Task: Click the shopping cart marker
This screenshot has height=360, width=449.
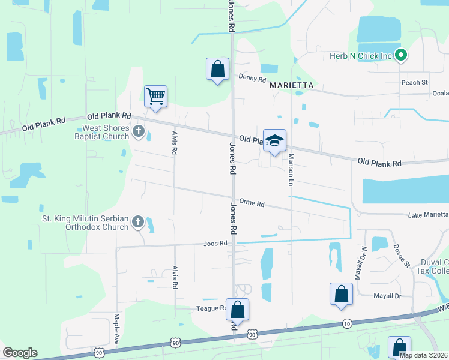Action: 155,96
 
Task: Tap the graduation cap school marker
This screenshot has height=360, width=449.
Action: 274,140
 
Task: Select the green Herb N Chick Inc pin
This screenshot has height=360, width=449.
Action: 402,56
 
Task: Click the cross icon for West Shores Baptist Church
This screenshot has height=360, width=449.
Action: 139,131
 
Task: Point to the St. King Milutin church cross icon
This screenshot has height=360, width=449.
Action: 137,222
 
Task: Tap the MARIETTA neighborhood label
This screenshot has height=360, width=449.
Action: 292,85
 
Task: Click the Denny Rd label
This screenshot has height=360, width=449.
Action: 252,77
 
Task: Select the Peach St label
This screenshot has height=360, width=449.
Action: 414,82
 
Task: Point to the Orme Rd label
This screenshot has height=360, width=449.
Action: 252,203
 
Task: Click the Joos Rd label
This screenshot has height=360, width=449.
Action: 215,243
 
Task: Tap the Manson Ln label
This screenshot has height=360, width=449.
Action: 291,169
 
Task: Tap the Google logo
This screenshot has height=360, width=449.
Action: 20,352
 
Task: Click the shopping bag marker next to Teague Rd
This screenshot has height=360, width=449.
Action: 237,310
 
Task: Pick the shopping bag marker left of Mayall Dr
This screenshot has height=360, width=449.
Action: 341,294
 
